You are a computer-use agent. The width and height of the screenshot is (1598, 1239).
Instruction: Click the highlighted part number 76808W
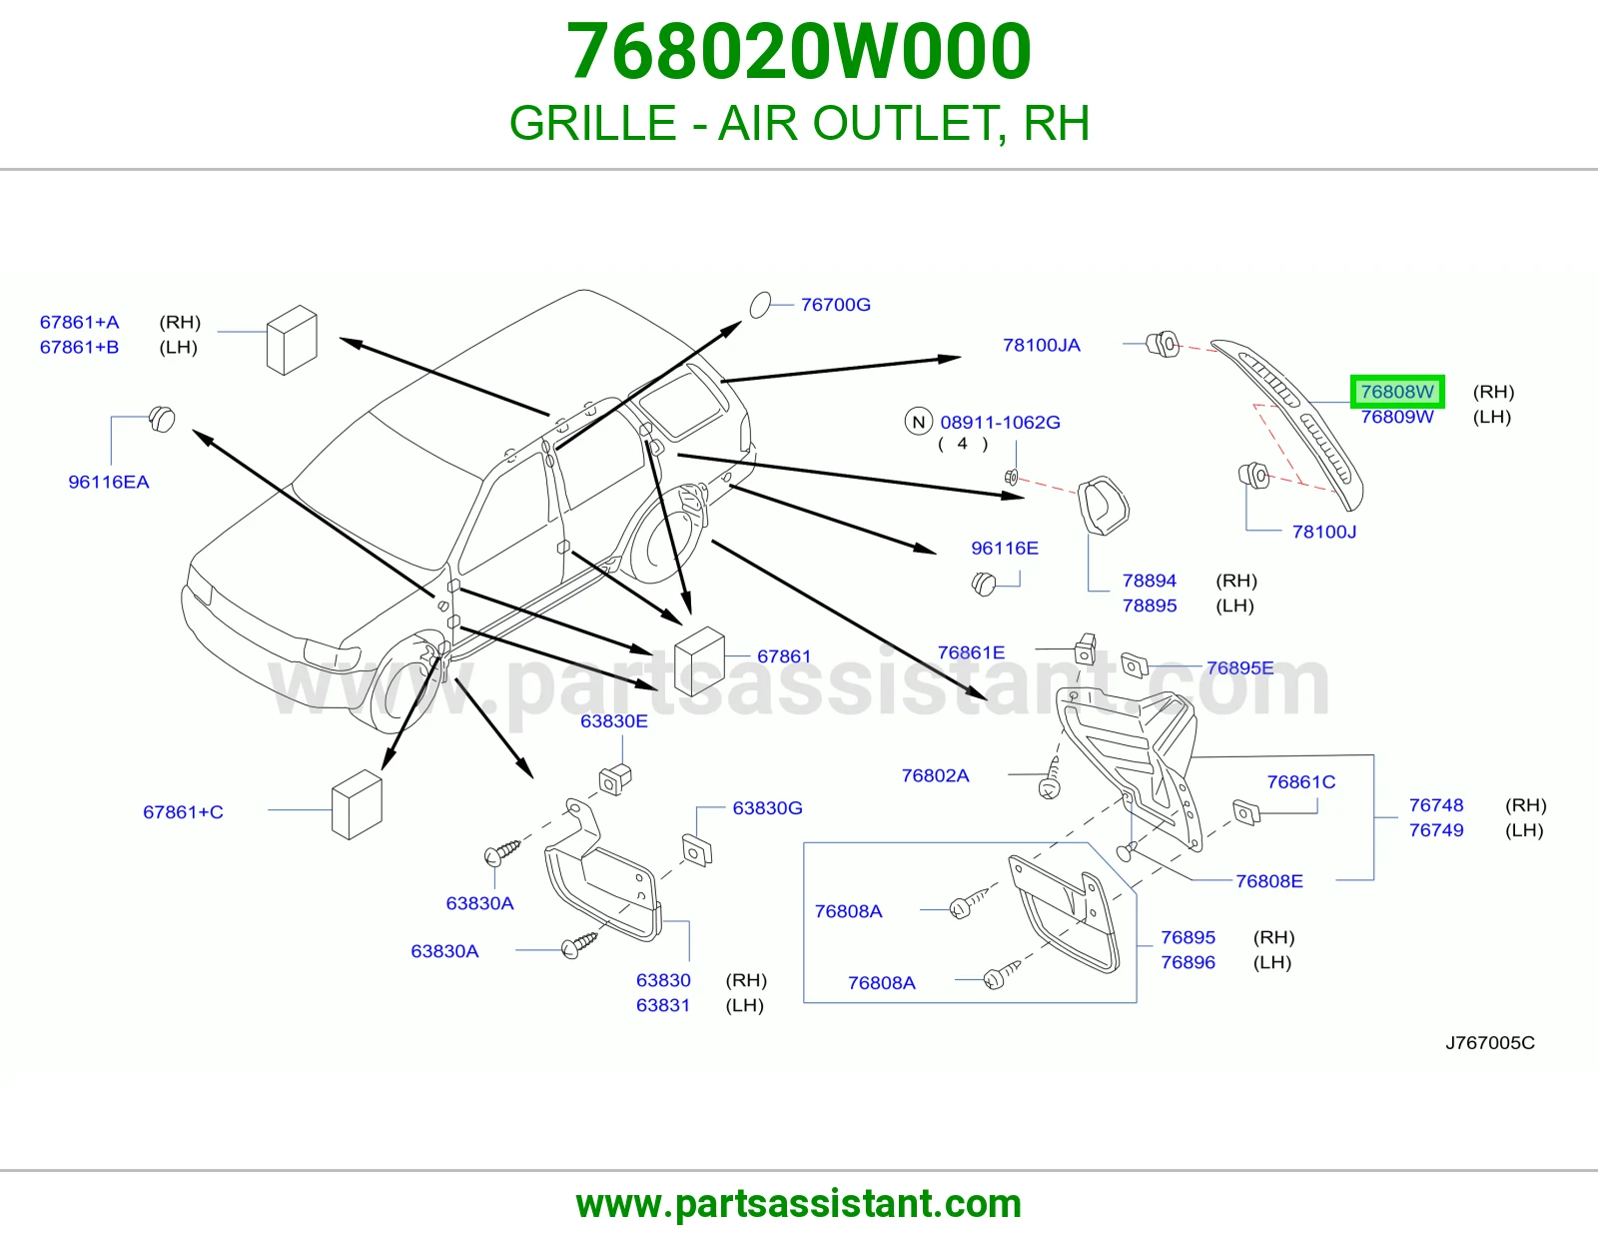[x=1397, y=392]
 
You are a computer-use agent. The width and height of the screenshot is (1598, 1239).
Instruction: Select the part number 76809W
[x=1397, y=417]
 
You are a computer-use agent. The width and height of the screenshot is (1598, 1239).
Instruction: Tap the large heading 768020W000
[x=799, y=52]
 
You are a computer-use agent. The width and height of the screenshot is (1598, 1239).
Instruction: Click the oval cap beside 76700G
[x=760, y=305]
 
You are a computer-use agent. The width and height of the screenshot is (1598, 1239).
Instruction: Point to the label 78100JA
[x=1042, y=345]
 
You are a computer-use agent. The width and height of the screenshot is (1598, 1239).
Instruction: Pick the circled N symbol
[x=919, y=422]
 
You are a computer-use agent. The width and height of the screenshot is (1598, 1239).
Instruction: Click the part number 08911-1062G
[x=1000, y=423]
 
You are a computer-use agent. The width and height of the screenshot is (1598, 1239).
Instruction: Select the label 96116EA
[x=109, y=482]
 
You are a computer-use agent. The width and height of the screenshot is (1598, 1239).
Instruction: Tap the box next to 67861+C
[x=357, y=805]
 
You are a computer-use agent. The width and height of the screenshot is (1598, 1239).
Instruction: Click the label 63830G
[x=767, y=808]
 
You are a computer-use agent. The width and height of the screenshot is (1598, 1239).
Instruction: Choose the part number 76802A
[x=936, y=775]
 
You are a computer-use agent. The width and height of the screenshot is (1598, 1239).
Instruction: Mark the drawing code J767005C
[x=1490, y=1042]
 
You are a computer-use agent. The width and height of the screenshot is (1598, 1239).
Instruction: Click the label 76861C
[x=1301, y=782]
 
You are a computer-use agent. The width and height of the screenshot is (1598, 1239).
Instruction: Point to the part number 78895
[x=1150, y=606]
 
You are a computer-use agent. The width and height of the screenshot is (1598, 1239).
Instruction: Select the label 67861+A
[x=80, y=323]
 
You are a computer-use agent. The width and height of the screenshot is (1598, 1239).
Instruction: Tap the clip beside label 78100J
[x=1253, y=475]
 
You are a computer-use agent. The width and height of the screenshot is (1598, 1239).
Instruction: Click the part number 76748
[x=1436, y=805]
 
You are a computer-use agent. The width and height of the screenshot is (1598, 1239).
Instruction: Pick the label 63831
[x=663, y=1005]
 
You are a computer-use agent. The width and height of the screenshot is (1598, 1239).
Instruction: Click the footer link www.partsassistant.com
[x=799, y=1204]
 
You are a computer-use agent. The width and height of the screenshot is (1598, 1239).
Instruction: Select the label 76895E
[x=1239, y=668]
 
